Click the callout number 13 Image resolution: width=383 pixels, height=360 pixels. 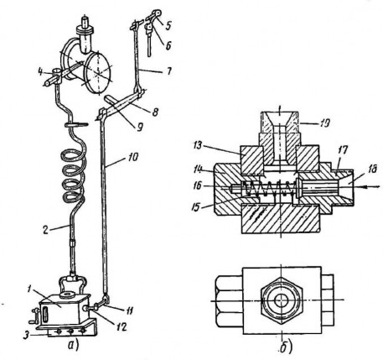click(x=198, y=146)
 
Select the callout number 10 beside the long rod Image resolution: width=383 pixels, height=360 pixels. click(x=132, y=158)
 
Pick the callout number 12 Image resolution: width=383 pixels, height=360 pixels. click(x=122, y=326)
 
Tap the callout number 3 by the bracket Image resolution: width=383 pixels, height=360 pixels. click(x=26, y=335)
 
